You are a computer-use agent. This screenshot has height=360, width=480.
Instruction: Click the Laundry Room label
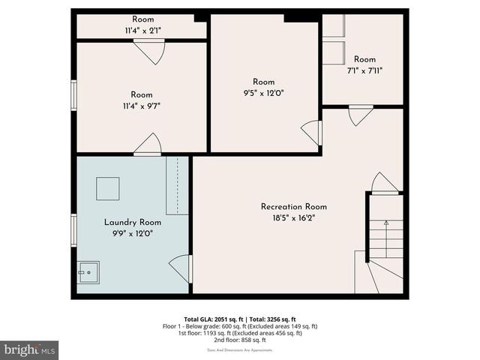click(x=132, y=222)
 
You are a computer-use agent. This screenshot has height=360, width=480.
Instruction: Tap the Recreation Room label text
click(x=293, y=206)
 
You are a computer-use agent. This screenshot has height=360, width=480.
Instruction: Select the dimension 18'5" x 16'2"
click(x=293, y=219)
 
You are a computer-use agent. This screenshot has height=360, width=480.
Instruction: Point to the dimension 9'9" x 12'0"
click(x=132, y=234)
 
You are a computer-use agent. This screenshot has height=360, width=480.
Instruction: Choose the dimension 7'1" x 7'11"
click(x=364, y=71)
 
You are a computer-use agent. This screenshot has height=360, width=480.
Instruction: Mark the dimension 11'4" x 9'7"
click(x=142, y=106)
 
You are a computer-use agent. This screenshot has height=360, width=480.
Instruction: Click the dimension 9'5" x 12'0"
click(x=263, y=93)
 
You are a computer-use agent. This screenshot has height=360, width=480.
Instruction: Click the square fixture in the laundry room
click(x=107, y=188)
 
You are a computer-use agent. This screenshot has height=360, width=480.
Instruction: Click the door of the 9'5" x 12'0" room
click(x=311, y=133)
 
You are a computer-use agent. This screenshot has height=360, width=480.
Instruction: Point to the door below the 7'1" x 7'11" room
click(x=361, y=115)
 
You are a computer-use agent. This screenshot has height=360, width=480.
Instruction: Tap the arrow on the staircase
click(x=386, y=223)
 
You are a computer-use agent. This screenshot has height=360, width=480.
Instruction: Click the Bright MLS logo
click(x=30, y=349)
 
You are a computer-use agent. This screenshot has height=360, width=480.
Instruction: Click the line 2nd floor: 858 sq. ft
click(x=240, y=340)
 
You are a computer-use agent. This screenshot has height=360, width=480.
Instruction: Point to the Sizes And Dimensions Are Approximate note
click(x=240, y=350)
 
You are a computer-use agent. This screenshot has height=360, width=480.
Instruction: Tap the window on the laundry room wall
click(x=73, y=226)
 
